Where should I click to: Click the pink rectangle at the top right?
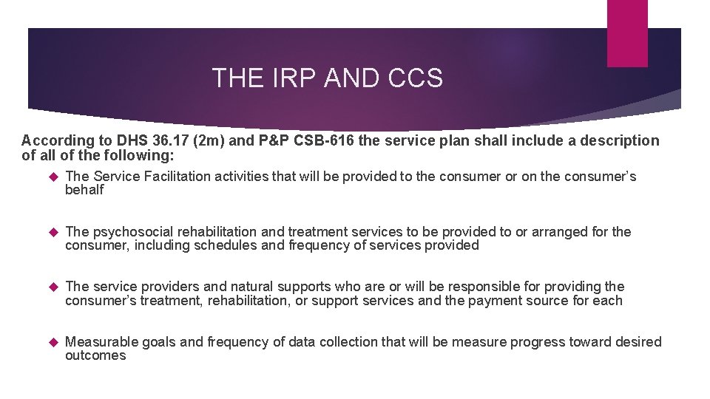626,33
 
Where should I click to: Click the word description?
615,140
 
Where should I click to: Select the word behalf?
84,190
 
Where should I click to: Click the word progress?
535,342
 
